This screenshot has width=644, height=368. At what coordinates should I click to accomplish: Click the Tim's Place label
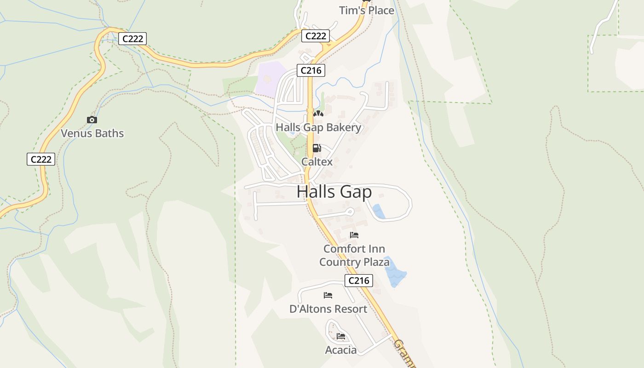click(367, 10)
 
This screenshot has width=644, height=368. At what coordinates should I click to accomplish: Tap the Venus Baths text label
click(92, 133)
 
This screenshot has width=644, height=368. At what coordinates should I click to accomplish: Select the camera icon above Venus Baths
click(92, 120)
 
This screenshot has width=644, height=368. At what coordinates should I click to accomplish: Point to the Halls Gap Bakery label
click(318, 127)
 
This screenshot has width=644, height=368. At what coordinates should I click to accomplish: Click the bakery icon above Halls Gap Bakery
click(318, 113)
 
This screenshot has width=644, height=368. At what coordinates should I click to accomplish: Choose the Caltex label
click(317, 161)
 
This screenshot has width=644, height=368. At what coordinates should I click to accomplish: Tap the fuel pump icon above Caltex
click(316, 148)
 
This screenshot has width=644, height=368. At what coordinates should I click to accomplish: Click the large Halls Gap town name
click(334, 191)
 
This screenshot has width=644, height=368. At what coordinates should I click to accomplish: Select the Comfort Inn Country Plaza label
click(354, 255)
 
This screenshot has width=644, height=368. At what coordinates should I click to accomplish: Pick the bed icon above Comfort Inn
click(354, 235)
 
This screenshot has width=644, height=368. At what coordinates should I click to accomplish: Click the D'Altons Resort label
click(328, 309)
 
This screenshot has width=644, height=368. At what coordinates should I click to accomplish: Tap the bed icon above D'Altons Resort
click(328, 295)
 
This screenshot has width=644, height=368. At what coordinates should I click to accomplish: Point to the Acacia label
click(341, 350)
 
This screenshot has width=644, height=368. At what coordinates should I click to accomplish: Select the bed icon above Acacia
click(341, 336)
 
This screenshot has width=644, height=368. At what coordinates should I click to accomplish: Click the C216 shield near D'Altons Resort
click(358, 281)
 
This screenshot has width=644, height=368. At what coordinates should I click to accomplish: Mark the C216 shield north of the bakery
click(311, 70)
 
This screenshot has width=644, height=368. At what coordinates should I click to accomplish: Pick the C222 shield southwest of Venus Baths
click(41, 159)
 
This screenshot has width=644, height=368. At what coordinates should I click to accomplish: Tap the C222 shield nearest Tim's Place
click(316, 36)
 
